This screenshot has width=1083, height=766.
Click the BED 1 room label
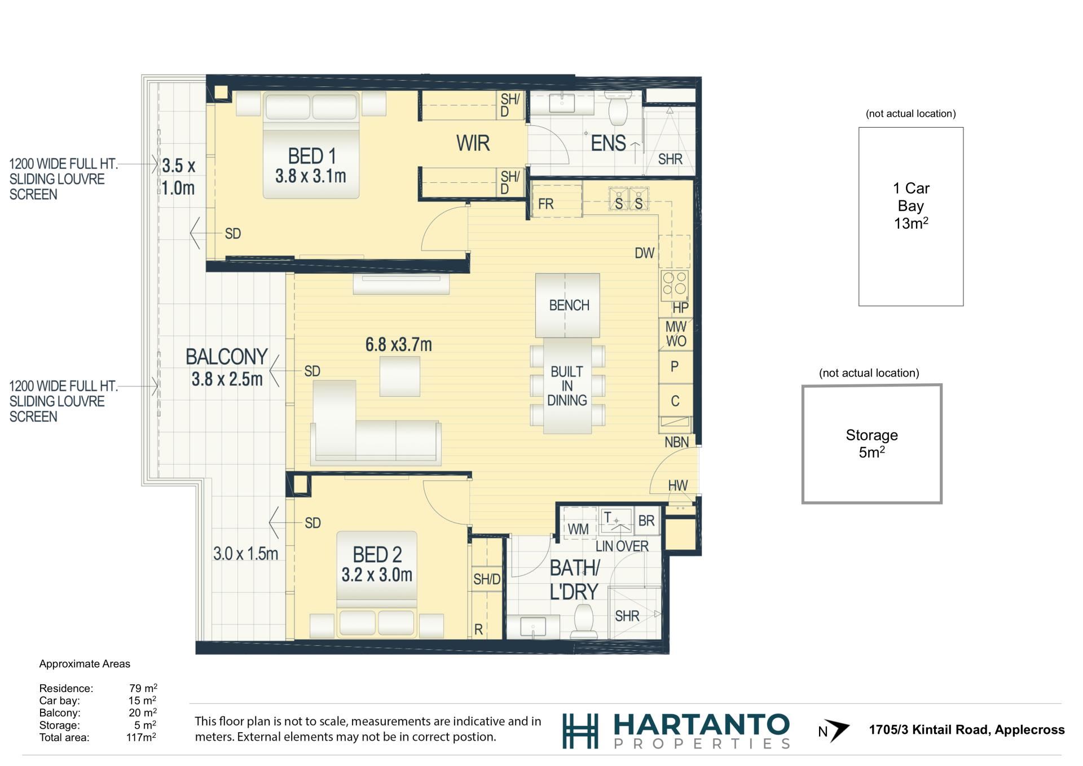click(312, 156)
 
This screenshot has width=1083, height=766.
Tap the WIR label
click(473, 143)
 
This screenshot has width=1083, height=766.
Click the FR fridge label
click(545, 204)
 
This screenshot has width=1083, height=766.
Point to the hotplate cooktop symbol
click(675, 285)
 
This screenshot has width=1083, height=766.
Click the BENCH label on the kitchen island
click(569, 305)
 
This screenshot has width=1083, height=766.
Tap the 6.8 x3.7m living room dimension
click(399, 344)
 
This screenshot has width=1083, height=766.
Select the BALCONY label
click(227, 357)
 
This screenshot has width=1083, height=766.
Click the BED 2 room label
click(377, 554)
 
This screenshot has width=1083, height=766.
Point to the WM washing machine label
click(578, 529)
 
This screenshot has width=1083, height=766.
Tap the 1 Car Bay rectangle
click(910, 217)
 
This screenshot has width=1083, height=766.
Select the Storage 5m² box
click(871, 444)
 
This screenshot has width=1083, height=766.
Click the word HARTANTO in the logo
click(701, 724)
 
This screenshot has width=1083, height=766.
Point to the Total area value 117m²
click(142, 737)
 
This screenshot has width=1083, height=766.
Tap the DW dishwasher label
click(644, 253)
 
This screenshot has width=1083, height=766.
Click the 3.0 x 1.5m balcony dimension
click(245, 554)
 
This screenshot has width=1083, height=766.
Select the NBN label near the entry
click(676, 442)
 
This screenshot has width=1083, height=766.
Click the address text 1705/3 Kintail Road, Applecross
click(966, 730)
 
